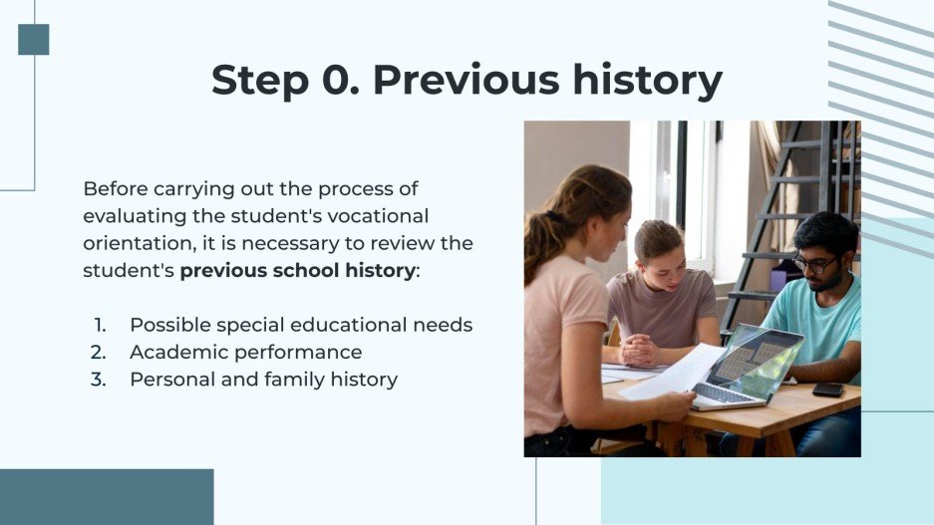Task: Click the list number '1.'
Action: [101, 325]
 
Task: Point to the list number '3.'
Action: [100, 379]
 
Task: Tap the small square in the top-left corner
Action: [33, 39]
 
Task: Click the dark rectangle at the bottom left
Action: [107, 496]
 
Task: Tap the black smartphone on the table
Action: [827, 389]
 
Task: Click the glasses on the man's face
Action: [814, 263]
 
